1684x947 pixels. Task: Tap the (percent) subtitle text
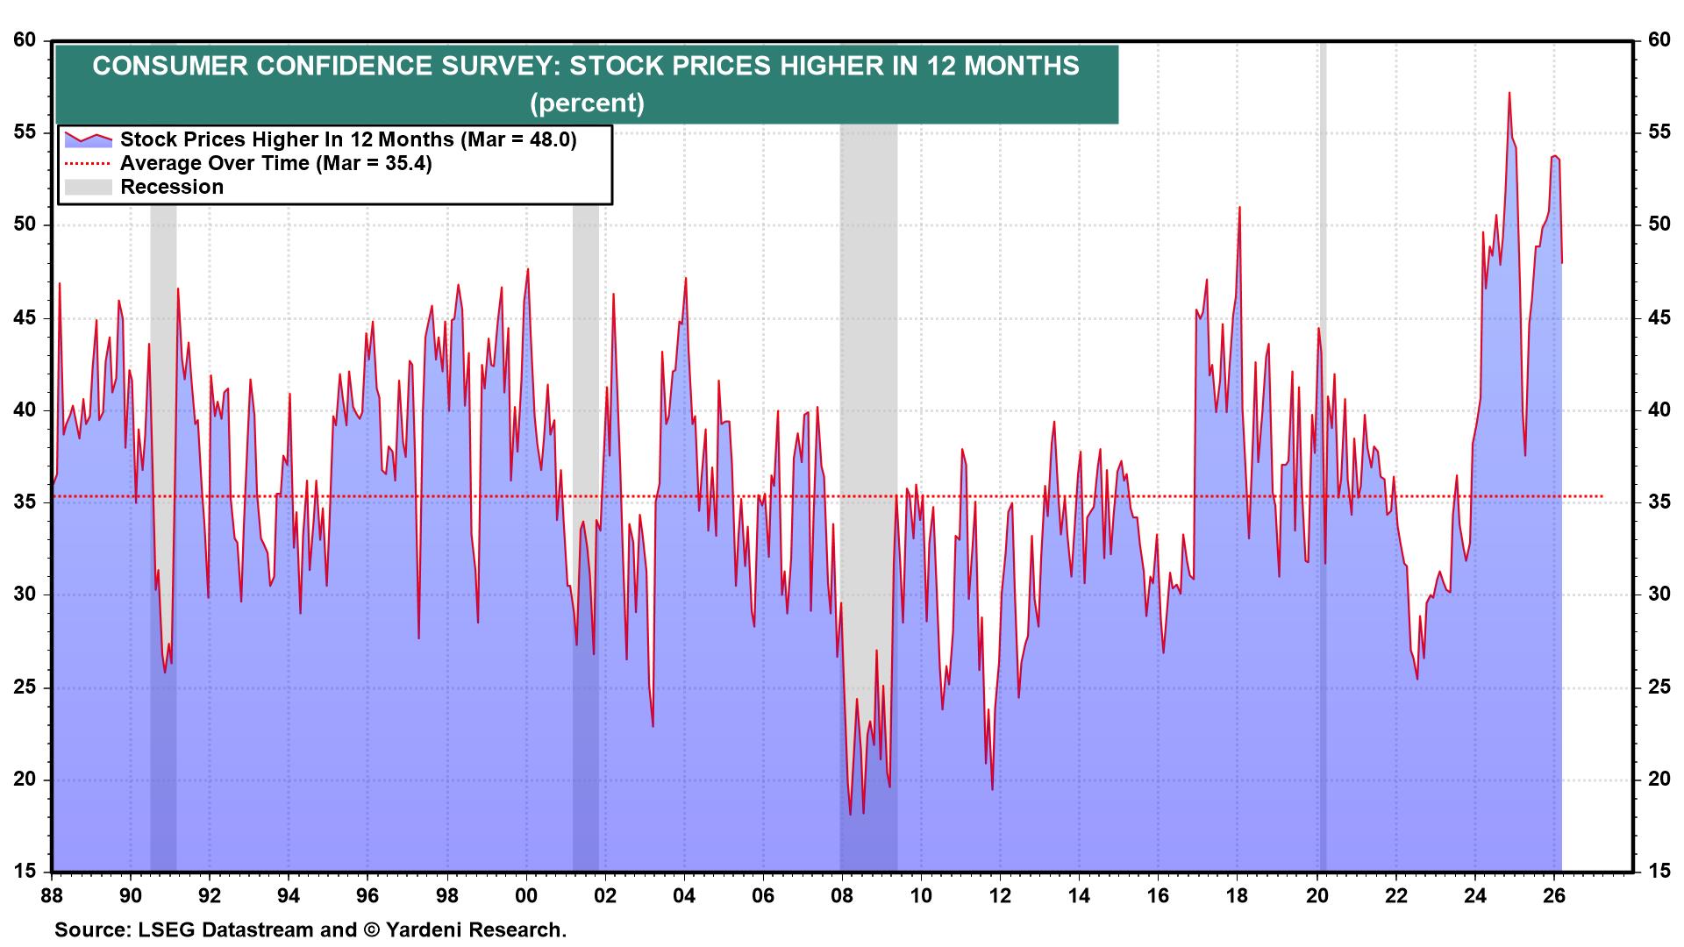pos(587,103)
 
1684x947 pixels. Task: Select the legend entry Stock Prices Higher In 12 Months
pos(347,139)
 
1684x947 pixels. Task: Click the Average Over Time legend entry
pos(275,163)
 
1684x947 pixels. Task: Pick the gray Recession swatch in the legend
pos(88,187)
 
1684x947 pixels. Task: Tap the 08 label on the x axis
pos(841,896)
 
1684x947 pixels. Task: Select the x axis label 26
pos(1554,896)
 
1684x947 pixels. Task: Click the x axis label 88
pos(53,896)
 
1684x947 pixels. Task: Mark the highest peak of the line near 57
pos(1509,93)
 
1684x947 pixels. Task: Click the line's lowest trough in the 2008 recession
pos(850,814)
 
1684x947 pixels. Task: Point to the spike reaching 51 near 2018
pos(1238,208)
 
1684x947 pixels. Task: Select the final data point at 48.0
pos(1561,262)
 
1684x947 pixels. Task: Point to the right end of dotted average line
pos(1602,496)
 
